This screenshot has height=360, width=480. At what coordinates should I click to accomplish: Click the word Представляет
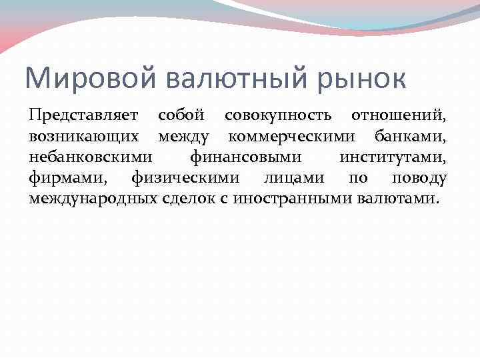(x=83, y=116)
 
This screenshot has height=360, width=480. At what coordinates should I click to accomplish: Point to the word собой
(x=181, y=116)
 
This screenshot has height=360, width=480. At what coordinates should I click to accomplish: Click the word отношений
(x=399, y=116)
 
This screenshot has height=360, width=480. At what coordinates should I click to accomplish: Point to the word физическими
(x=179, y=178)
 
